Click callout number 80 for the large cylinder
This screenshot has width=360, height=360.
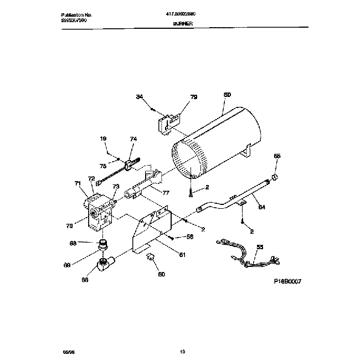[x=227, y=95]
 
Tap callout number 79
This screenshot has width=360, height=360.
[x=193, y=97]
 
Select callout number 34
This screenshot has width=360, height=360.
[x=140, y=97]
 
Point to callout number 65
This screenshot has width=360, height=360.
[x=277, y=157]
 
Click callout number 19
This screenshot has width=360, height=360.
[x=103, y=138]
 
